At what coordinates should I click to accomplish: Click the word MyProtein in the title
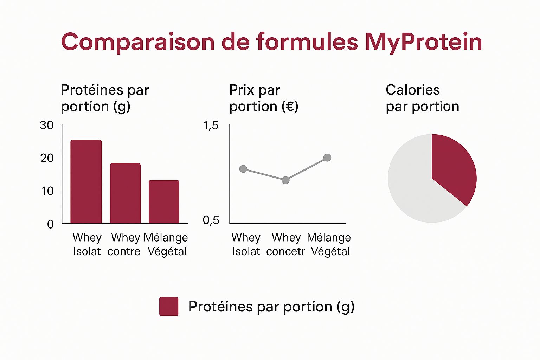coord(423,42)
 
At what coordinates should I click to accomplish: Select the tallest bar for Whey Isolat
coord(86,181)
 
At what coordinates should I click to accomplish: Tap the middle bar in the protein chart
coord(125,193)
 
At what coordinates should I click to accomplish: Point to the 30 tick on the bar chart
coord(47,125)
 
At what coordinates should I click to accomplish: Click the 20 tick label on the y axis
coord(47,158)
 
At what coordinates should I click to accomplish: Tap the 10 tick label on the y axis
coord(47,191)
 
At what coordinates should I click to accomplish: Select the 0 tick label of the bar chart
coord(50,224)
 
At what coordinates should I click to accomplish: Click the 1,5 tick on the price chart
coord(211,125)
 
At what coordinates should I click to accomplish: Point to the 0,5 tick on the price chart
coord(211,220)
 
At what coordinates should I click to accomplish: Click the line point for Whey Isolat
coord(243,169)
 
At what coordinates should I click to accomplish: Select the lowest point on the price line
coord(285,180)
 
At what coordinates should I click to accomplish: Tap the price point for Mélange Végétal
coord(327,157)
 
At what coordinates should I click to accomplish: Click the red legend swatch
coord(169,307)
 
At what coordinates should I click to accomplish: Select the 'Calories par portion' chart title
coord(422,98)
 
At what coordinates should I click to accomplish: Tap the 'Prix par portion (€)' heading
coord(264,98)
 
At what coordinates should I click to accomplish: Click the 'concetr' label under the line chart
coord(285,252)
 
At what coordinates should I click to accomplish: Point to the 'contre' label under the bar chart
coord(124,252)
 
